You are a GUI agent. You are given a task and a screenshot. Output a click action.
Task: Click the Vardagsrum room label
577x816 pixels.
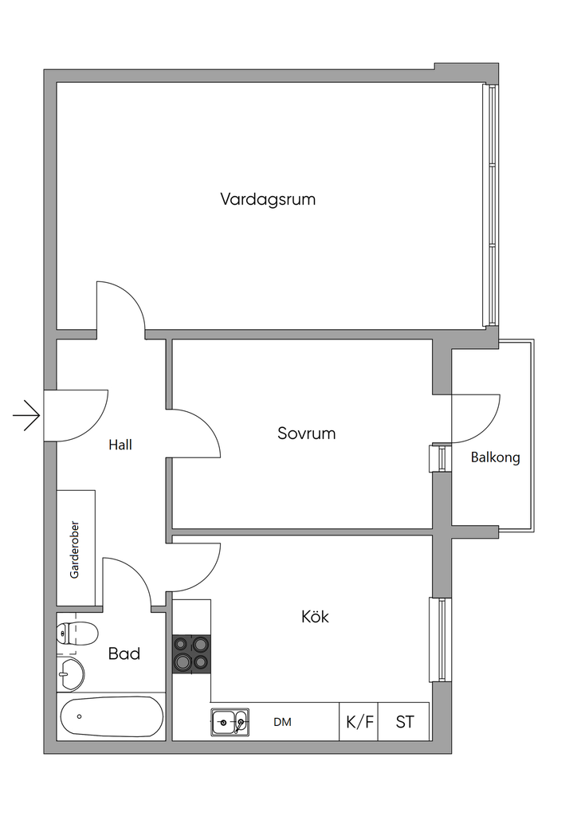click(x=268, y=199)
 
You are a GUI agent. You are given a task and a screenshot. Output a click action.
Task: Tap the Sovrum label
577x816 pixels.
click(x=306, y=433)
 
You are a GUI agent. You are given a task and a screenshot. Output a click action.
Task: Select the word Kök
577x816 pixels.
click(x=315, y=617)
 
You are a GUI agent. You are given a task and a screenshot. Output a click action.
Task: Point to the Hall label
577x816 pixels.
click(x=120, y=445)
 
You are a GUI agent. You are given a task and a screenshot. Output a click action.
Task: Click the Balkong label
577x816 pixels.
click(x=495, y=457)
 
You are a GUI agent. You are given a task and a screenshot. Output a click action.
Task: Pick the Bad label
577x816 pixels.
click(x=124, y=653)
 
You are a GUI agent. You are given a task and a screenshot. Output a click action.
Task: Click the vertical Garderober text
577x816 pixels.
click(x=75, y=550)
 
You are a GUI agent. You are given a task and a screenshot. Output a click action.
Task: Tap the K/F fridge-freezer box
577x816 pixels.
click(x=359, y=722)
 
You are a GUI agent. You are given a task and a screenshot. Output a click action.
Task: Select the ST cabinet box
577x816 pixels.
click(x=405, y=722)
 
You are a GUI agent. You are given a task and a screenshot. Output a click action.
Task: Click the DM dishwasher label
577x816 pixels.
click(x=282, y=722)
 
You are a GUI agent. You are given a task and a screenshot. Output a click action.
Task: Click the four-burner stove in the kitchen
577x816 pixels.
click(x=192, y=653)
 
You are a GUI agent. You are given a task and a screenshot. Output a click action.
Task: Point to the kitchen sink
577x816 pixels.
click(x=230, y=722)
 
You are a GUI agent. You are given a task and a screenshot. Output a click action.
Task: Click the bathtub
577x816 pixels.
click(x=111, y=717)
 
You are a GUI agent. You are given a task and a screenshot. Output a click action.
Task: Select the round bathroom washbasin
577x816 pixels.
click(x=71, y=673)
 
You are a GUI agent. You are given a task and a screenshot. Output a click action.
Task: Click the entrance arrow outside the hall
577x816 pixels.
click(x=27, y=414)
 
